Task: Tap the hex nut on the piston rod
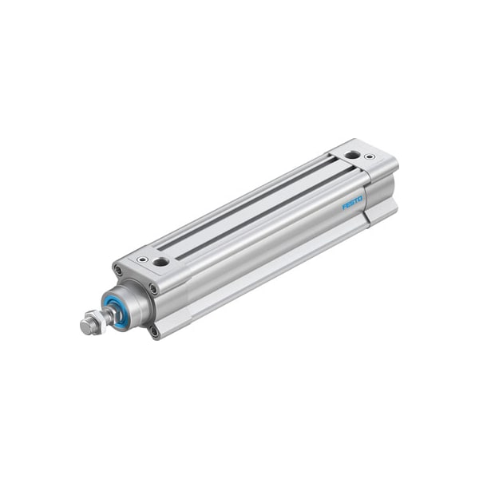pos(94,322)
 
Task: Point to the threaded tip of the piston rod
pos(85,327)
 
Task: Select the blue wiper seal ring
pos(117,311)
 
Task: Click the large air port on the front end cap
pos(160,262)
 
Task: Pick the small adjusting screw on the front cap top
pos(143,259)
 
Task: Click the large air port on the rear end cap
pos(352,154)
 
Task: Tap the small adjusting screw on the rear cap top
pos(369,157)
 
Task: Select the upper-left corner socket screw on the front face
pos(119,271)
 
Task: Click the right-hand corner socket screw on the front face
pos(152,289)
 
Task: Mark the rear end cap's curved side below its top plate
pos(382,187)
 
